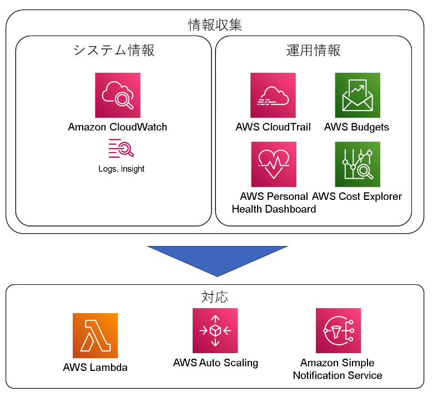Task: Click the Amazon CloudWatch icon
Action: tap(118, 96)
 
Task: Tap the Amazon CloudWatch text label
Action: tap(118, 127)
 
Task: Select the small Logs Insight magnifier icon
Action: tap(121, 149)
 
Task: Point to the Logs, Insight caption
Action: tap(121, 169)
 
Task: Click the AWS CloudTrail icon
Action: tap(273, 96)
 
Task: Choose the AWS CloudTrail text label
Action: tap(273, 127)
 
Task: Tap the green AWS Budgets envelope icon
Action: tap(357, 96)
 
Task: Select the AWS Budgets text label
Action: tap(357, 127)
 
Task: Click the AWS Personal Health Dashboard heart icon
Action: tap(274, 164)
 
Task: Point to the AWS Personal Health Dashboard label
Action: tap(274, 203)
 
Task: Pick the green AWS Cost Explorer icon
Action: tap(357, 164)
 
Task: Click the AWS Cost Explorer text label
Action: tap(357, 196)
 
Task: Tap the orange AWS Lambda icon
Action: tap(95, 335)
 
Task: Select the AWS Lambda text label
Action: tap(95, 368)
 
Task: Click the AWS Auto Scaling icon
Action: tap(215, 331)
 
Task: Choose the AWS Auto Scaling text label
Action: tap(215, 363)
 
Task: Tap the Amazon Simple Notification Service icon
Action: tap(338, 331)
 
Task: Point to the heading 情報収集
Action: tap(215, 26)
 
